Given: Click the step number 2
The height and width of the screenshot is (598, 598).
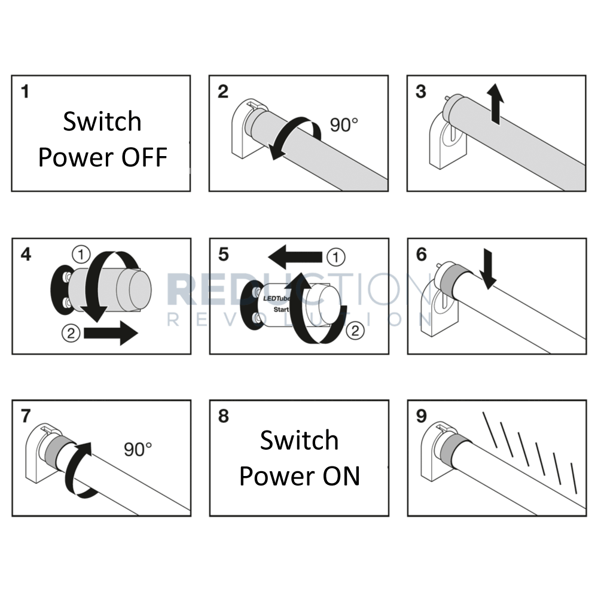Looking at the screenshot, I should click(x=223, y=91).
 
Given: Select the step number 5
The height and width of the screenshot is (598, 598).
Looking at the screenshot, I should click(x=223, y=255).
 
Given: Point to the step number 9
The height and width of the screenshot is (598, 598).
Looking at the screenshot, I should click(x=421, y=416).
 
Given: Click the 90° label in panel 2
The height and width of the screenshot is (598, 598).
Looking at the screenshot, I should click(x=344, y=125).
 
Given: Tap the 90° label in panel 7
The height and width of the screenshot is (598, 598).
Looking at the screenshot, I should click(x=138, y=448).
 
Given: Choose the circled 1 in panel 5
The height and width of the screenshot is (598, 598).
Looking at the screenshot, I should click(x=337, y=258).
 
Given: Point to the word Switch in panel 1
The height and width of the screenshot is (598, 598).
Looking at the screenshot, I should click(x=102, y=121).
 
